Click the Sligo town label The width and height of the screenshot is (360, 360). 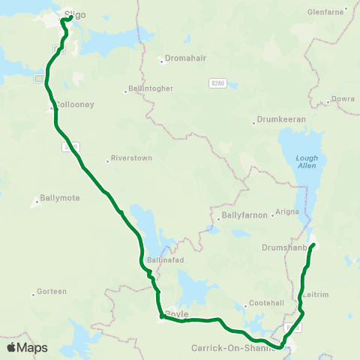(x=75, y=14)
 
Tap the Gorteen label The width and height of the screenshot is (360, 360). (x=52, y=291)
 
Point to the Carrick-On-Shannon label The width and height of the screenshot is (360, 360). (x=235, y=348)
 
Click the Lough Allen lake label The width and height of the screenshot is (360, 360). (x=307, y=162)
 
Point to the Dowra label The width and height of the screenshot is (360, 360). (x=343, y=98)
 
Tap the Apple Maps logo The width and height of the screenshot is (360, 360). (x=27, y=347)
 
